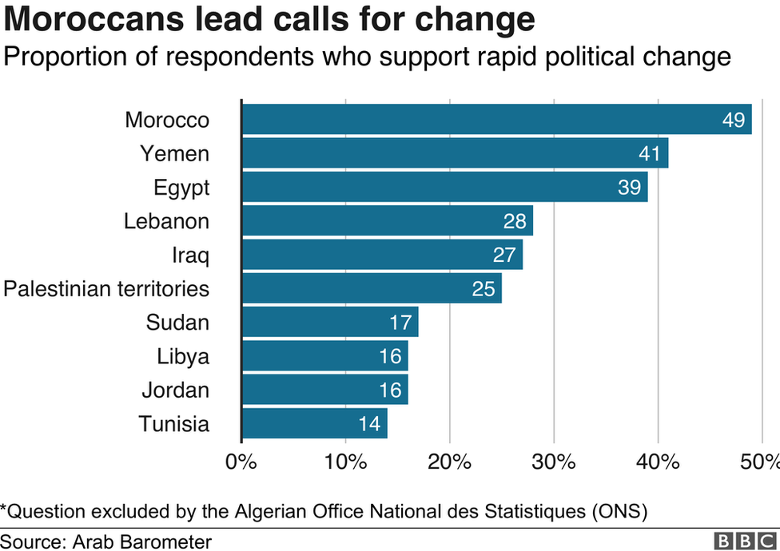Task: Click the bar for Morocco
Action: click(497, 119)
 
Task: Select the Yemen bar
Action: click(456, 153)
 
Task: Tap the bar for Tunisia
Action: click(315, 423)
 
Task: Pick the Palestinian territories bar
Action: click(372, 288)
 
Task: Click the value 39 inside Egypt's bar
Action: click(629, 188)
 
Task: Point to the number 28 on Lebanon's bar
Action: click(515, 221)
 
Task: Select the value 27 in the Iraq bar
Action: click(504, 255)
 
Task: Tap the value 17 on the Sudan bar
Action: click(400, 323)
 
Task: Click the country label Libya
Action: click(183, 357)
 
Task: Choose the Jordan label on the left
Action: click(176, 390)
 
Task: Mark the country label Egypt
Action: click(181, 188)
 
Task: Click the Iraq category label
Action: click(190, 256)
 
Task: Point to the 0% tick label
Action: click(241, 462)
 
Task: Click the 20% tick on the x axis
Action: click(450, 462)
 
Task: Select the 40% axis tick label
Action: click(659, 462)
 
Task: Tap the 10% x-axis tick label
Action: click(346, 462)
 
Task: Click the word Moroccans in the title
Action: click(94, 19)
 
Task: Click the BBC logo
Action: click(745, 541)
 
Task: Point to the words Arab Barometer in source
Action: click(142, 541)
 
